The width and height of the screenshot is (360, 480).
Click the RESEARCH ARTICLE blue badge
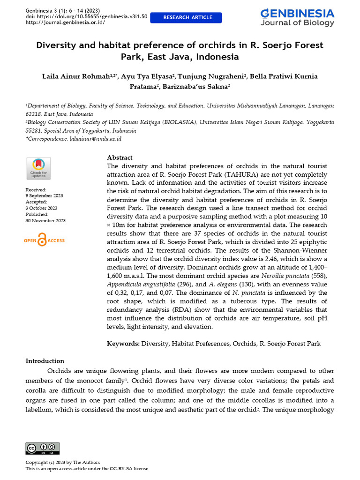[x=187, y=18]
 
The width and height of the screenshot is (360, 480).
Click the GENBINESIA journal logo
[x=297, y=17]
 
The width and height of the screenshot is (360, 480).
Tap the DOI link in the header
[x=86, y=16]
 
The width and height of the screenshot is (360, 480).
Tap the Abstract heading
[x=120, y=157]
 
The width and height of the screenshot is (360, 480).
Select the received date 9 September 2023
[x=44, y=195]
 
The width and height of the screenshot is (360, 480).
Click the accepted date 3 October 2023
[x=41, y=208]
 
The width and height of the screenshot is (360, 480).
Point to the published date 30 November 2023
[x=45, y=221]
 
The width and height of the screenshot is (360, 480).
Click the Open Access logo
[x=44, y=240]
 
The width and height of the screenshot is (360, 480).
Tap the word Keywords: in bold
[x=123, y=344]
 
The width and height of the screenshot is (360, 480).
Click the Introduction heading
[x=45, y=361]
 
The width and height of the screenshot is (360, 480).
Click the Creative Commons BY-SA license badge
[x=43, y=448]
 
